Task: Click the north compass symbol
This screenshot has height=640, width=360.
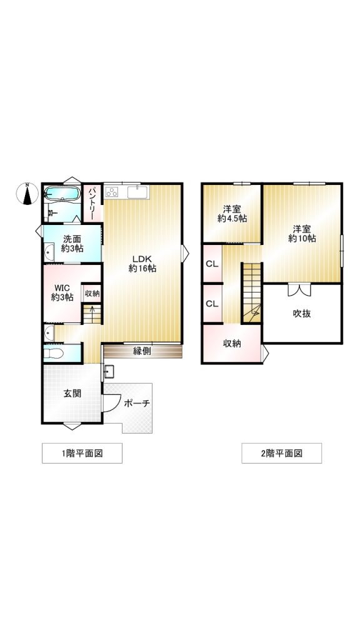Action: [x=27, y=194]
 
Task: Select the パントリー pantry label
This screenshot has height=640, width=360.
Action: [x=93, y=202]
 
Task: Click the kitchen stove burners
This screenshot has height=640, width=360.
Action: [x=112, y=192]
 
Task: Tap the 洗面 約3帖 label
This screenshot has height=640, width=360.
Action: [x=72, y=243]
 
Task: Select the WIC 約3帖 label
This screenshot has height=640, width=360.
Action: [x=62, y=292]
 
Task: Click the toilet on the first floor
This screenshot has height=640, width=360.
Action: [x=54, y=353]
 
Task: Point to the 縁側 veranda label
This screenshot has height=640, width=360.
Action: [x=142, y=351]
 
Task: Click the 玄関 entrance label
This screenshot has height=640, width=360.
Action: [x=72, y=394]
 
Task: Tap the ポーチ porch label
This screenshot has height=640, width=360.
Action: [x=137, y=403]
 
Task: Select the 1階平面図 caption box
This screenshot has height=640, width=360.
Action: [x=82, y=453]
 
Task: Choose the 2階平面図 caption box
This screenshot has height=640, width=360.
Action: [x=282, y=453]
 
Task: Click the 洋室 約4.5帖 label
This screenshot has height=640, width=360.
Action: [x=232, y=214]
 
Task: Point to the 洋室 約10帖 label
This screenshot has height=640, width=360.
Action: [x=302, y=234]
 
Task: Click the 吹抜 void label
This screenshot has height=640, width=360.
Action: [x=302, y=314]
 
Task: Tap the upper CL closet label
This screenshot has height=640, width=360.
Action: [x=212, y=264]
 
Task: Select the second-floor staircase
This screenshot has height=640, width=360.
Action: [x=251, y=293]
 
